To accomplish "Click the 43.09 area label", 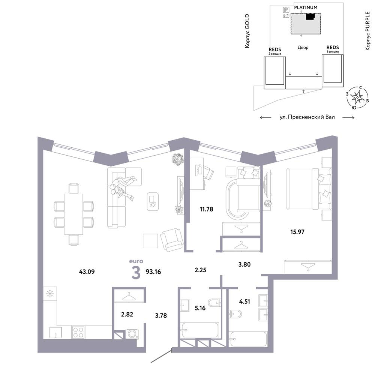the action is point(87,271).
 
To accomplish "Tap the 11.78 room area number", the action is point(206,209).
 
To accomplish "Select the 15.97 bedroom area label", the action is point(297,232).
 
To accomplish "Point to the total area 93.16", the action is point(153,272).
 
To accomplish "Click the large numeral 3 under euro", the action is point(136,273).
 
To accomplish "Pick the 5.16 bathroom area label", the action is point(200,308).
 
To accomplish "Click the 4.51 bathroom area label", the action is point(244,301).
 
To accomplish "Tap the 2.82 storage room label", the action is point(127,314).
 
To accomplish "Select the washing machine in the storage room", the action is point(132,334).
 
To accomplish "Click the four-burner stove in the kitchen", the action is point(78,332).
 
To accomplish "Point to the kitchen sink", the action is point(55,332).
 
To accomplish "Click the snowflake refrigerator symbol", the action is point(50,294).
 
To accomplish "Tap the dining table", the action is point(73,214).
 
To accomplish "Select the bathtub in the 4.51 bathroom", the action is point(248,339).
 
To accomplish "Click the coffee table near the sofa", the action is point(153,202).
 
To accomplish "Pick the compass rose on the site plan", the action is point(357,97).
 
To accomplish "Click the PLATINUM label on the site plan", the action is point(306,7).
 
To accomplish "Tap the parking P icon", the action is point(286,10).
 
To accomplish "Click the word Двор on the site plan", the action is point(303,47).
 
